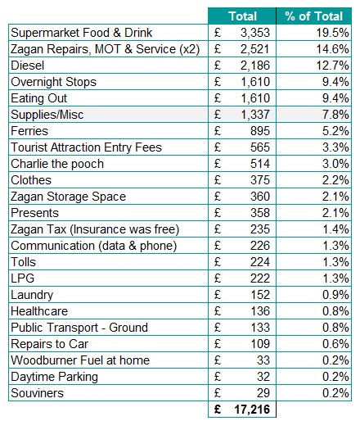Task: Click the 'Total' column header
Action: coord(242,16)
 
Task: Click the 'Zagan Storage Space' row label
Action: coord(69,197)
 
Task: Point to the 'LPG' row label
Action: coord(24,278)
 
